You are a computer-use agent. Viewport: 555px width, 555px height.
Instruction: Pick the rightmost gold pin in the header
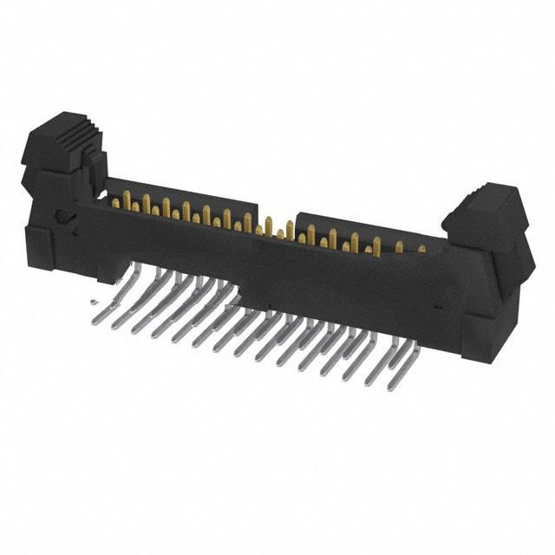[421, 249]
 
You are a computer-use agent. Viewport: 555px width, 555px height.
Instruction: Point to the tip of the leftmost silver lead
[95, 322]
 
